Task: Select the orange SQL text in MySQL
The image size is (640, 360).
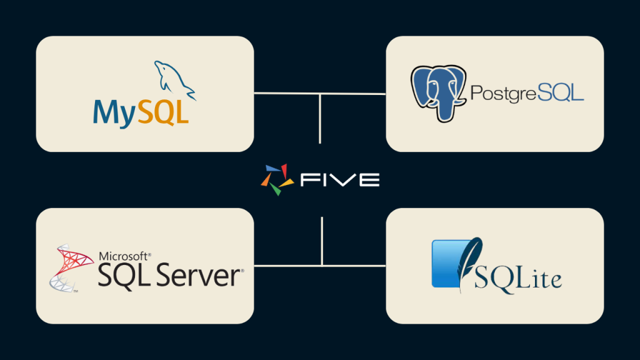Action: [163, 111]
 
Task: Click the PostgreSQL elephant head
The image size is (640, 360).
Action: [438, 94]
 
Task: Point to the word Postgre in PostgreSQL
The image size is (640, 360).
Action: [504, 94]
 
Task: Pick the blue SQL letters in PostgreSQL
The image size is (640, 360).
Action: [561, 92]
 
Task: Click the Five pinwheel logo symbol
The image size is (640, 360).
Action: [277, 179]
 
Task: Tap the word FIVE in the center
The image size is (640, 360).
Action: [340, 180]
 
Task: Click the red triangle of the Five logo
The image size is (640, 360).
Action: [284, 171]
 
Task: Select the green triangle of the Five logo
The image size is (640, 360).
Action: [276, 189]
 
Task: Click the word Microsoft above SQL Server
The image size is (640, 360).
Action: [124, 256]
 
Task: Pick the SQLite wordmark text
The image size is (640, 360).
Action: [517, 279]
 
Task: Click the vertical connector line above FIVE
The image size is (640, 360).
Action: [320, 119]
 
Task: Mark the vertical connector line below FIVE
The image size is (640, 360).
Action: [322, 241]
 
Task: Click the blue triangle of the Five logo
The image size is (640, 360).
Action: [273, 168]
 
